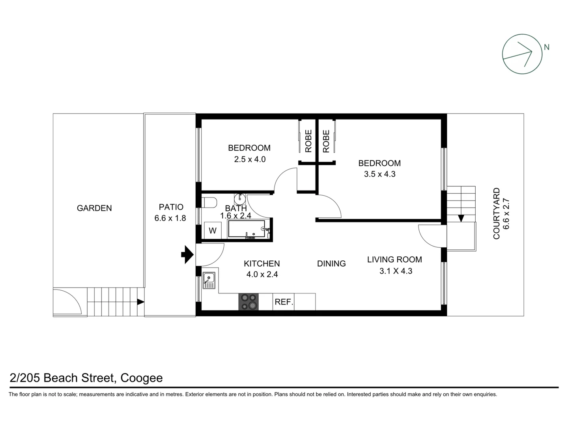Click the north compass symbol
coord(522,54)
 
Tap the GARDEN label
coord(94,208)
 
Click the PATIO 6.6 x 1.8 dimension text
coord(170,218)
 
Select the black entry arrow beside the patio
coord(187,254)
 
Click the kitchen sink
coord(209,280)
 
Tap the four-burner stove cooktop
coord(248,302)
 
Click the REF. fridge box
coord(284,302)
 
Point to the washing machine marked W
coord(213,230)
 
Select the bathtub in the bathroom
coord(247,229)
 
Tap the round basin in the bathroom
coord(239,198)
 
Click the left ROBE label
coord(308,141)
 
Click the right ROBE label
coord(326,141)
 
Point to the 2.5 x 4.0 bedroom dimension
coord(250,159)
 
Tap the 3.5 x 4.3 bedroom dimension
coord(379,174)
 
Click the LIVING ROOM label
coord(394,259)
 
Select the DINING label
coord(331,263)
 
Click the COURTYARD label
coord(496,213)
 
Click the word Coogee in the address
coord(141,378)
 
